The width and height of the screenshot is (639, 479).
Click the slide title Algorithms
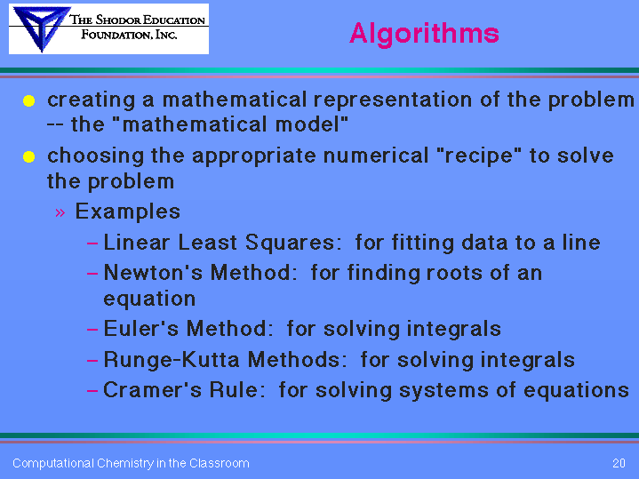pos(424,34)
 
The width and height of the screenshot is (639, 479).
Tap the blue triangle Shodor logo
pos(40,28)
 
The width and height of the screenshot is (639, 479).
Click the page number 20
pos(619,463)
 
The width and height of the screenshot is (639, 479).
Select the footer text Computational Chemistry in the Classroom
pos(131,464)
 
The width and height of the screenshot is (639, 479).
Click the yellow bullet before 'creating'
pos(29,100)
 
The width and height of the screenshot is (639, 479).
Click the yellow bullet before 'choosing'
pos(29,156)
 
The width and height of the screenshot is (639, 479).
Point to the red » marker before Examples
pos(60,212)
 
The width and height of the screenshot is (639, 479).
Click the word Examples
pos(128,212)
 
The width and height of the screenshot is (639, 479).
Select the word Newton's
pos(153,272)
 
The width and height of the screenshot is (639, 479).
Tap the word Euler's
pos(141,329)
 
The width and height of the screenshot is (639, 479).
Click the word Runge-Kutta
pos(172,360)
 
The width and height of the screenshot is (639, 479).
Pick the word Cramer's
pos(152,390)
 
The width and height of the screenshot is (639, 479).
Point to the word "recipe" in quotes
pos(478,156)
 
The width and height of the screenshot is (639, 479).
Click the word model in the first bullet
pos(312,124)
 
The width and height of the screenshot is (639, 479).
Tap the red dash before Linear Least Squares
pos(92,243)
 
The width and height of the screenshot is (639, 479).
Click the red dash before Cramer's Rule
pos(92,391)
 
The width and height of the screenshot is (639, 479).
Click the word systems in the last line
pos(443,390)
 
